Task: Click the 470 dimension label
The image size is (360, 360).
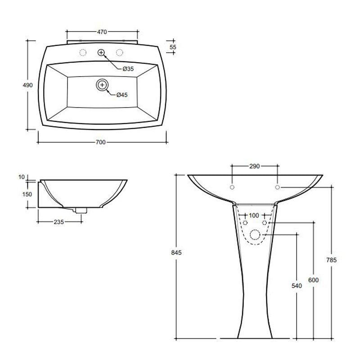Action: [102, 32]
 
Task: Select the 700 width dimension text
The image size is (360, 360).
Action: [100, 143]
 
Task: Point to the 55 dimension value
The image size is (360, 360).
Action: [173, 46]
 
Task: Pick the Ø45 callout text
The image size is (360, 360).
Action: [122, 95]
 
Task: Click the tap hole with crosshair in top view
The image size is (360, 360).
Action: [101, 53]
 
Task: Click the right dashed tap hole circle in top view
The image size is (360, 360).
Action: [120, 53]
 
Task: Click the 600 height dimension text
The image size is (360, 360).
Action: [314, 280]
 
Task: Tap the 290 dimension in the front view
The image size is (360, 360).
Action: [254, 166]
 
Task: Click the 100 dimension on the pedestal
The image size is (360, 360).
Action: [254, 216]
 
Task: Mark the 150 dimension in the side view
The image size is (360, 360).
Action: [27, 194]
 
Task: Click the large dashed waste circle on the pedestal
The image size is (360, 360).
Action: [255, 234]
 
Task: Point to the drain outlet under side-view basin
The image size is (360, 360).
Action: [81, 209]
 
